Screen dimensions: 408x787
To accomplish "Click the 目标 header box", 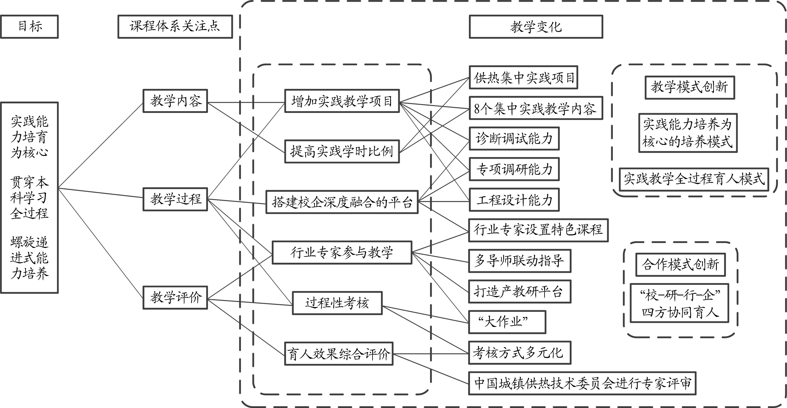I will point(29,27).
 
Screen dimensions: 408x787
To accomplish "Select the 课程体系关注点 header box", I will point(175,27).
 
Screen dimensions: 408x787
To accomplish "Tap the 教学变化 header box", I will point(536,27).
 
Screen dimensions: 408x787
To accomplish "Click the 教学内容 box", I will point(175,101).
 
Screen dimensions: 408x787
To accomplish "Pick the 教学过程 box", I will point(175,199).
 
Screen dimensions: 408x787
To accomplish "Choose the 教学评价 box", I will point(175,297).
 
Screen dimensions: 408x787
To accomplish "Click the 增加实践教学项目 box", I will point(342,101).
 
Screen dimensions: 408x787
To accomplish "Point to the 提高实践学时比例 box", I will point(342,151).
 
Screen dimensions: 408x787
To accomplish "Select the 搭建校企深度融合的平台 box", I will point(342,202).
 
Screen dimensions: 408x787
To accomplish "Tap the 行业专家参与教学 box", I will point(342,252).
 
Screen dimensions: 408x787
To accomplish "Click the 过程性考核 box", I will point(337,303).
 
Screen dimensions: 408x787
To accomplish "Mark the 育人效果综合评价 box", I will point(339,354).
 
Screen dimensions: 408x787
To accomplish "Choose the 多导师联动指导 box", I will point(520,261).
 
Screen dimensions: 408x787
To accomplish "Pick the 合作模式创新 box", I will point(681,265).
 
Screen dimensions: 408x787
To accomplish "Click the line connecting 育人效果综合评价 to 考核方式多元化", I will point(431,354).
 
